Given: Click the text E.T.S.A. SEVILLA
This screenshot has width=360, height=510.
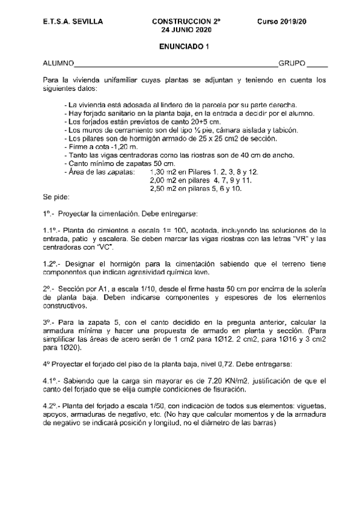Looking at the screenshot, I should pyautogui.click(x=73, y=21).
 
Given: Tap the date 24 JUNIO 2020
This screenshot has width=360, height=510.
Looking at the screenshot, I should pyautogui.click(x=183, y=29).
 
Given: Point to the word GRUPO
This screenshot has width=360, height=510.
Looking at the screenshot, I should pyautogui.click(x=292, y=63).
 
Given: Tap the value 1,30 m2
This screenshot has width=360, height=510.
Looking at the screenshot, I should pyautogui.click(x=160, y=172).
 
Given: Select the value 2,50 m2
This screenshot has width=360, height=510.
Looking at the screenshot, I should pyautogui.click(x=160, y=188).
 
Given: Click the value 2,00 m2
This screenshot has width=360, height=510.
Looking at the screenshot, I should pyautogui.click(x=160, y=180).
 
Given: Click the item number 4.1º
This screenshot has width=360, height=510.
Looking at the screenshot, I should pyautogui.click(x=52, y=381).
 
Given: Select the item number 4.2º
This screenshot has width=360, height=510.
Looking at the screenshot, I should pyautogui.click(x=52, y=406).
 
